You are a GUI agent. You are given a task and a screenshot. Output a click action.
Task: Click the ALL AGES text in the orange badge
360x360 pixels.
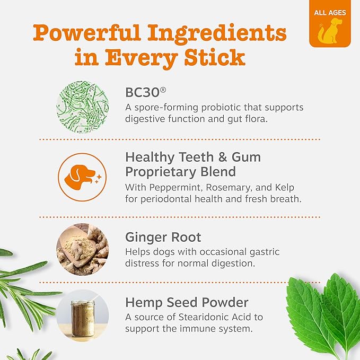pos(330,12)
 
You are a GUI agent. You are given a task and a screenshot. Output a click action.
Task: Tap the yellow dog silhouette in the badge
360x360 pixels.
pos(330,31)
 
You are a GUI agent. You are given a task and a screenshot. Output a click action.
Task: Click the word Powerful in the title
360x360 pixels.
pos(87,33)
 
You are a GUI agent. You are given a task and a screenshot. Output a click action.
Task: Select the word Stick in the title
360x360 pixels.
pos(215,57)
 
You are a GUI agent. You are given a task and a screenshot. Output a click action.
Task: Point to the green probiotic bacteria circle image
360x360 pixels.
pos(83,107)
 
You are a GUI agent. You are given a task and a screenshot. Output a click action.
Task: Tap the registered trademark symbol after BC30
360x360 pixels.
pos(163,90)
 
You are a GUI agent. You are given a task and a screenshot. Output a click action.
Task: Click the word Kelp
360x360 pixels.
pos(285,187)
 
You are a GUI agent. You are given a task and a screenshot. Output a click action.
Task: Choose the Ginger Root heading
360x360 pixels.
pos(163,237)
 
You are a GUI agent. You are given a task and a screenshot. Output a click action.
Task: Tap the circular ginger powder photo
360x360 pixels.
pos(83,249)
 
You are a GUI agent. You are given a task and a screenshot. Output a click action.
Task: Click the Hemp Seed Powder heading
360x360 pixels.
pos(187,303)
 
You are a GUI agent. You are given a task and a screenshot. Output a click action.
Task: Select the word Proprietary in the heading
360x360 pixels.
pos(161,172)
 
